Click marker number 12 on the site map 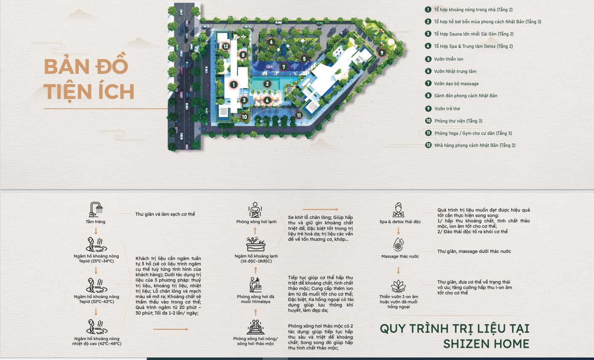click(226, 46)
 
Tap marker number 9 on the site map click(381, 53)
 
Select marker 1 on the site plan click(234, 85)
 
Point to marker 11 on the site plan click(299, 115)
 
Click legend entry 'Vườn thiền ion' click(448, 59)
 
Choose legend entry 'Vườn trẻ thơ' click(447, 109)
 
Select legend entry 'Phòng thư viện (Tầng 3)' click(458, 121)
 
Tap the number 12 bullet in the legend click(428, 145)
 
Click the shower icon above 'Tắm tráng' click(96, 209)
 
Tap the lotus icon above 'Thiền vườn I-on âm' click(398, 286)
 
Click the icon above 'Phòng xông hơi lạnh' click(255, 210)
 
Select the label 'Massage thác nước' click(400, 256)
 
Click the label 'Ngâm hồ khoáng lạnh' click(256, 256)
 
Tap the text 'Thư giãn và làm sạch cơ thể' click(165, 214)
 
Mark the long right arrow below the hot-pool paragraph click(170, 329)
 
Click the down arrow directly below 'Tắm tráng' click(96, 231)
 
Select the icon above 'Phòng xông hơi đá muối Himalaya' click(256, 285)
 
